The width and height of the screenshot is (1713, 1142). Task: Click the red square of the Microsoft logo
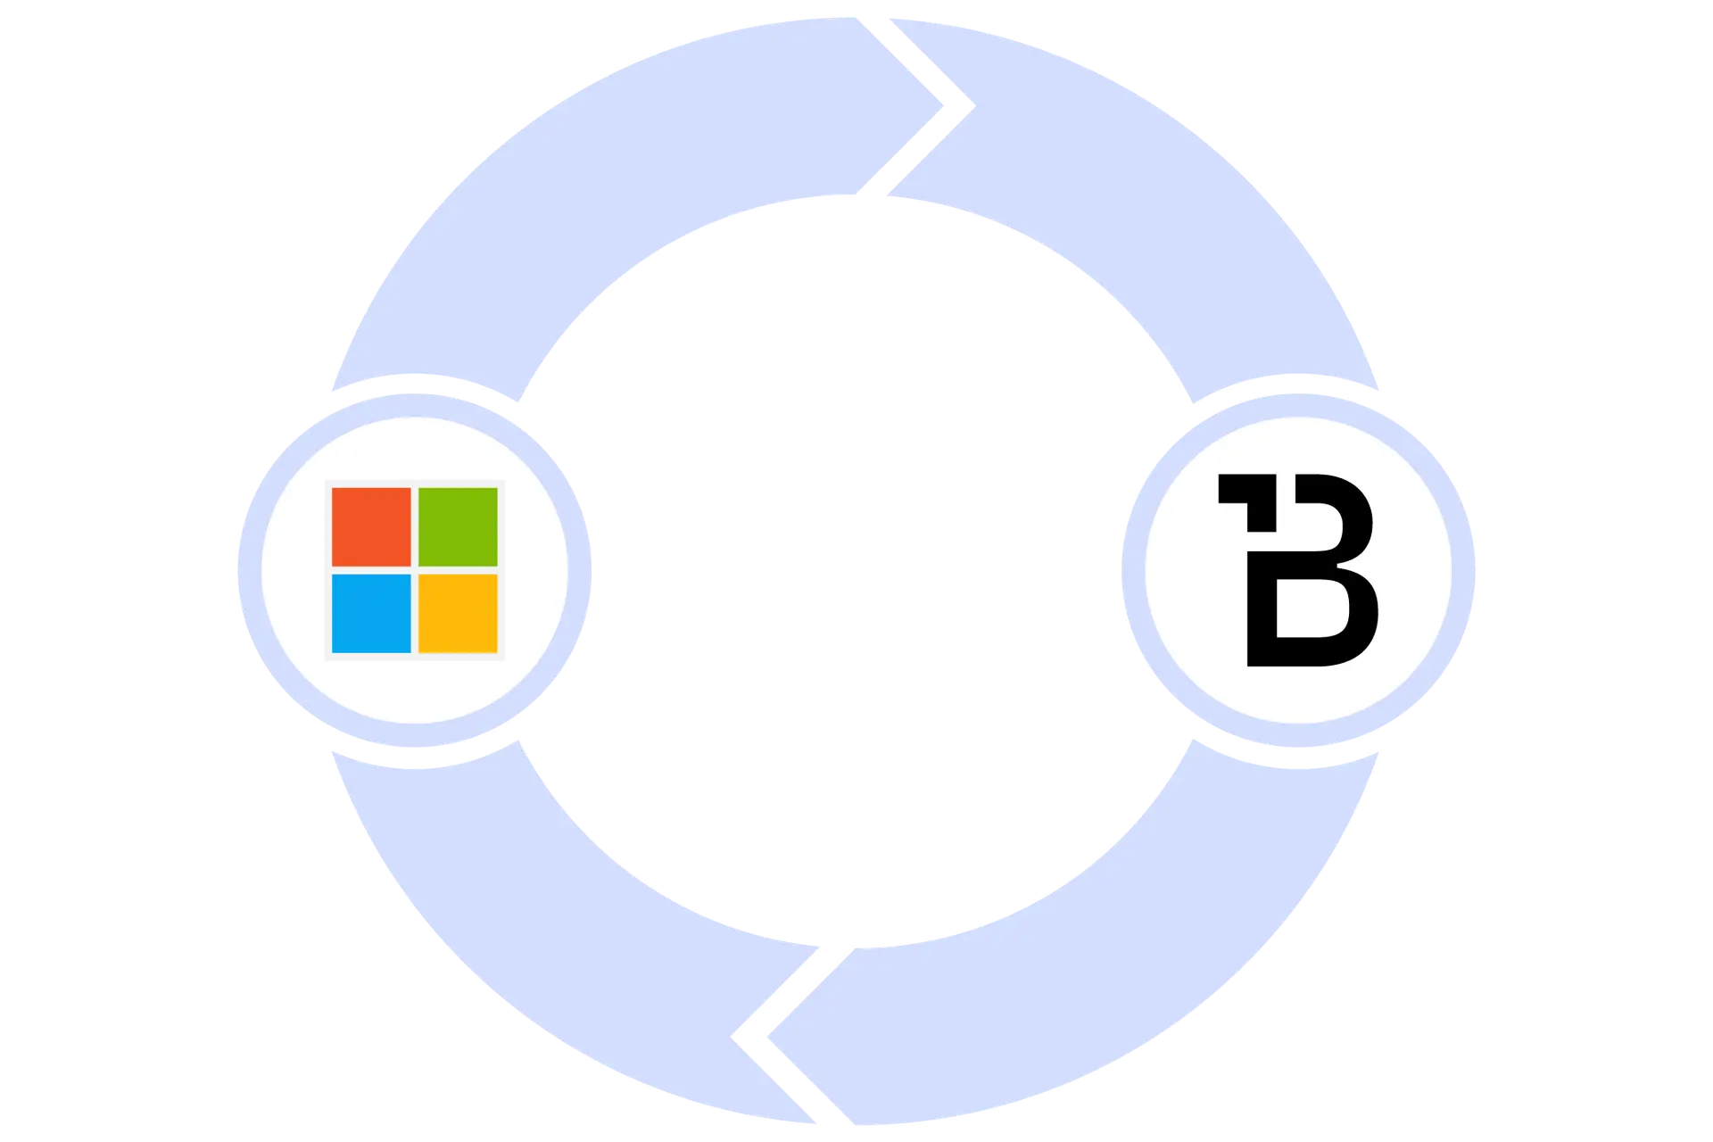pos(371,526)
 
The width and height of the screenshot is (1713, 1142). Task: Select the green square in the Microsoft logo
pos(458,526)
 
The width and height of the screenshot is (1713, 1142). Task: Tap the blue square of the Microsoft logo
pos(371,613)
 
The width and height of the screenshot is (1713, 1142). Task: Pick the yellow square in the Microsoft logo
pos(458,613)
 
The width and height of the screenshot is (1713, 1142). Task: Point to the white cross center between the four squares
pos(415,570)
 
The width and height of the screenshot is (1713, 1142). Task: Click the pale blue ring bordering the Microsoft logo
pos(249,571)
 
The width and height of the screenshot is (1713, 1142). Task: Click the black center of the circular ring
pos(856,571)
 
